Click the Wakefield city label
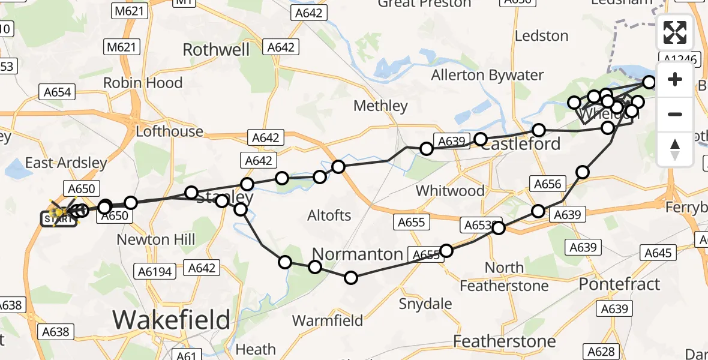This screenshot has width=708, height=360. (171, 319)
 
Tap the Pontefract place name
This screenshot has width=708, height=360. (619, 284)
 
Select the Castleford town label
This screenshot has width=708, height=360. (521, 145)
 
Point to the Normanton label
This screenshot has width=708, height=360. (357, 253)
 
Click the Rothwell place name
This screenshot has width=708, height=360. (216, 49)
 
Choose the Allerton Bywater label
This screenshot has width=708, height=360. (487, 75)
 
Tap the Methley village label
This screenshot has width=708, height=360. (380, 106)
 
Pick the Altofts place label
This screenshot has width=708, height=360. (329, 215)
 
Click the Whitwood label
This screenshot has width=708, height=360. (450, 191)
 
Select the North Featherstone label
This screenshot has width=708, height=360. (504, 276)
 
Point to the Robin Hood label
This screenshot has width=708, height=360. (143, 82)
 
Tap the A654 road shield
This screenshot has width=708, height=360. (58, 92)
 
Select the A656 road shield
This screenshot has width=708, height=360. (547, 184)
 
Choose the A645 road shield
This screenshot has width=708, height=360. (658, 253)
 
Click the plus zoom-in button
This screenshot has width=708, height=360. (675, 79)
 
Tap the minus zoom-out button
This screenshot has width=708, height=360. (675, 114)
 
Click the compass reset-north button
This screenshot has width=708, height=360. (675, 149)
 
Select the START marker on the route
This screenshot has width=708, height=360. (59, 218)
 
